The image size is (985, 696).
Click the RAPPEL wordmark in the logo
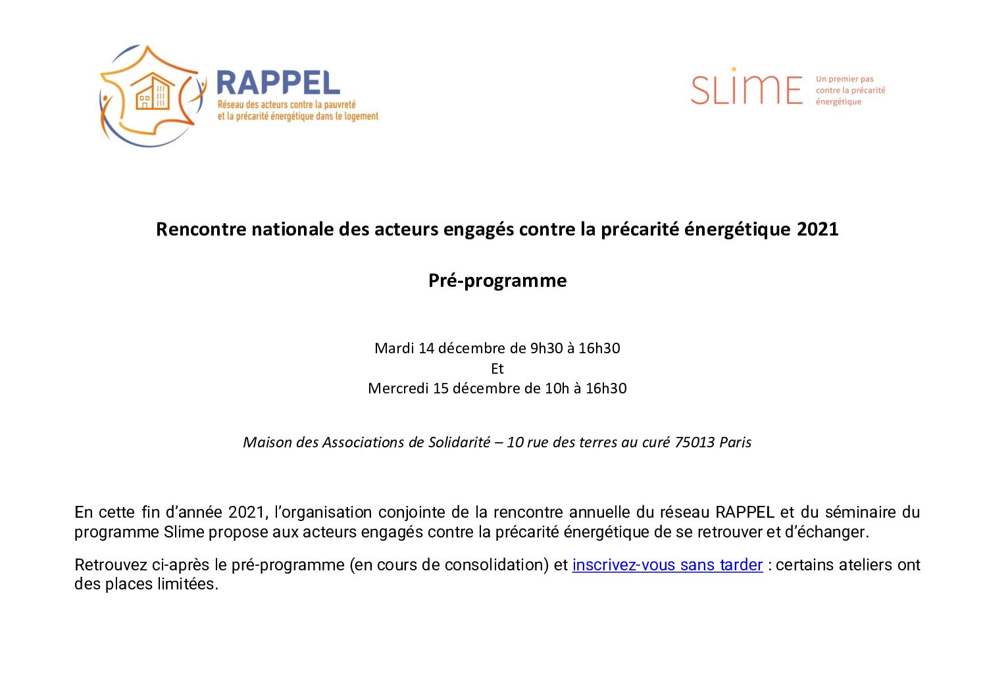[x=278, y=84]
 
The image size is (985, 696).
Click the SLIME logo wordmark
[x=747, y=88]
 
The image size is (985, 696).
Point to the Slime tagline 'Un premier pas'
[x=844, y=79]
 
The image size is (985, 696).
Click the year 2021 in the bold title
[x=817, y=229]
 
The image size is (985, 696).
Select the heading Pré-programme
[x=497, y=280]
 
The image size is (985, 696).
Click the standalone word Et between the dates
[x=497, y=368]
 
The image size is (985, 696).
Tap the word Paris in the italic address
[x=735, y=442]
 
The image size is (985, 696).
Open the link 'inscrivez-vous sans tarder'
[x=667, y=565]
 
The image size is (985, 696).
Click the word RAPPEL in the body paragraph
[x=745, y=512]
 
